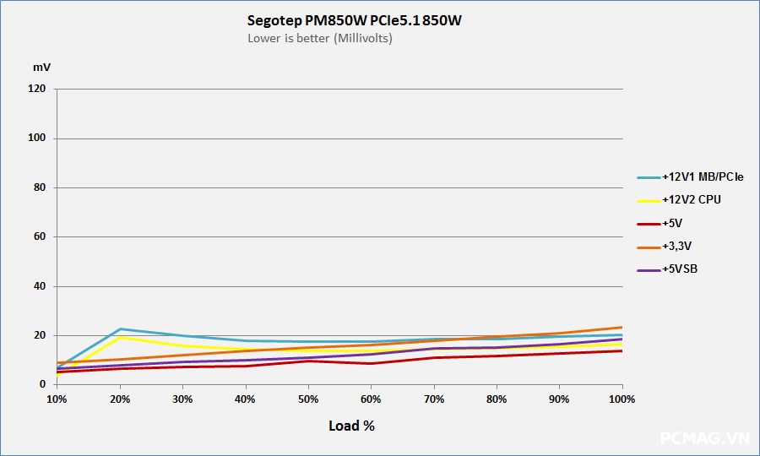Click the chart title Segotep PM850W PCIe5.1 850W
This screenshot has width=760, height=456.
355,21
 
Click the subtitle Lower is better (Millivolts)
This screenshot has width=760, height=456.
320,38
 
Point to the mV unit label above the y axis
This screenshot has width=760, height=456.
41,67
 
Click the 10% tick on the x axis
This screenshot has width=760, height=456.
57,399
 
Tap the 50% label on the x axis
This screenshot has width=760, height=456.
308,399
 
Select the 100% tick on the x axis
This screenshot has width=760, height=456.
622,399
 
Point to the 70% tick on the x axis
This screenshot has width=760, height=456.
434,399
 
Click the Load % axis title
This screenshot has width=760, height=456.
351,426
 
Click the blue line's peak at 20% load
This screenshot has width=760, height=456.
120,328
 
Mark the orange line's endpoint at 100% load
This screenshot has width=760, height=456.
622,327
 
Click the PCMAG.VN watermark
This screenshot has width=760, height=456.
705,438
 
